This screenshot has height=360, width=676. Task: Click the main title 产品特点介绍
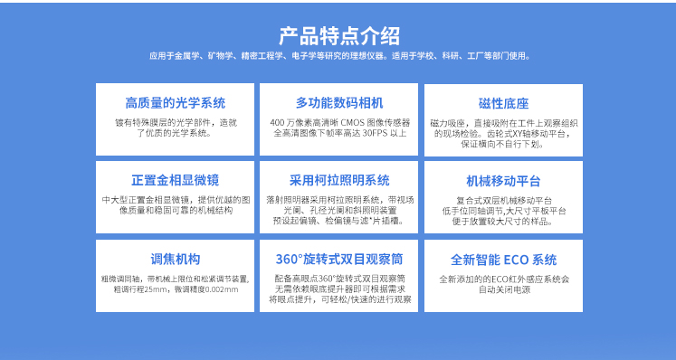(x=338, y=36)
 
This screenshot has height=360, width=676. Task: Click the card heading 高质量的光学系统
(x=175, y=102)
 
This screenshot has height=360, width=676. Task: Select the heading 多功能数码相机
(x=338, y=102)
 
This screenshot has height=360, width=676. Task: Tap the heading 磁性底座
(x=503, y=102)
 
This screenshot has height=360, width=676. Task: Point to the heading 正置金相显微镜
(x=175, y=180)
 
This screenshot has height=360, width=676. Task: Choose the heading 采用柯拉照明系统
(x=338, y=180)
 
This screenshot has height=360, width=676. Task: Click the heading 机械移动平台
(x=503, y=180)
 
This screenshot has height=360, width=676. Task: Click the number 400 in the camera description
(x=277, y=122)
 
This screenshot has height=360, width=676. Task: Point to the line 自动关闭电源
(x=503, y=290)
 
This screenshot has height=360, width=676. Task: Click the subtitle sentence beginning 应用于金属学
(x=338, y=56)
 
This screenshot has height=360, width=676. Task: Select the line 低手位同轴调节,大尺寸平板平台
(x=503, y=210)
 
